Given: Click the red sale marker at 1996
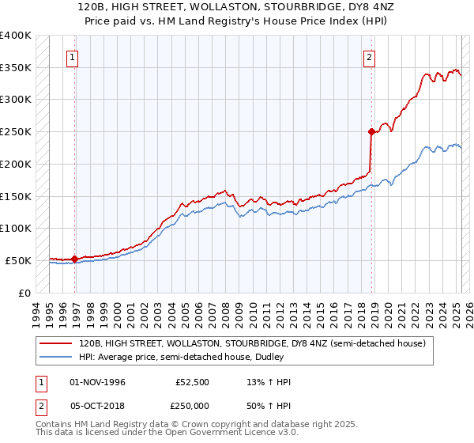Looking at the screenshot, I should pos(74,259).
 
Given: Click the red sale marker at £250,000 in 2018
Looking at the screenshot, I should pos(371,131).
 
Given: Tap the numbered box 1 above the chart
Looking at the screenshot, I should pos(73,57).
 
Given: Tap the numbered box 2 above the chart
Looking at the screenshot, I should pos(369,57).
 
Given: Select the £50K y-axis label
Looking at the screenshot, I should pos(18,260).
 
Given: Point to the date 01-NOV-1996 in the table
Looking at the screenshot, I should pos(97,382).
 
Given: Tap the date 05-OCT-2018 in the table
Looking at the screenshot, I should pos(97,406).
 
